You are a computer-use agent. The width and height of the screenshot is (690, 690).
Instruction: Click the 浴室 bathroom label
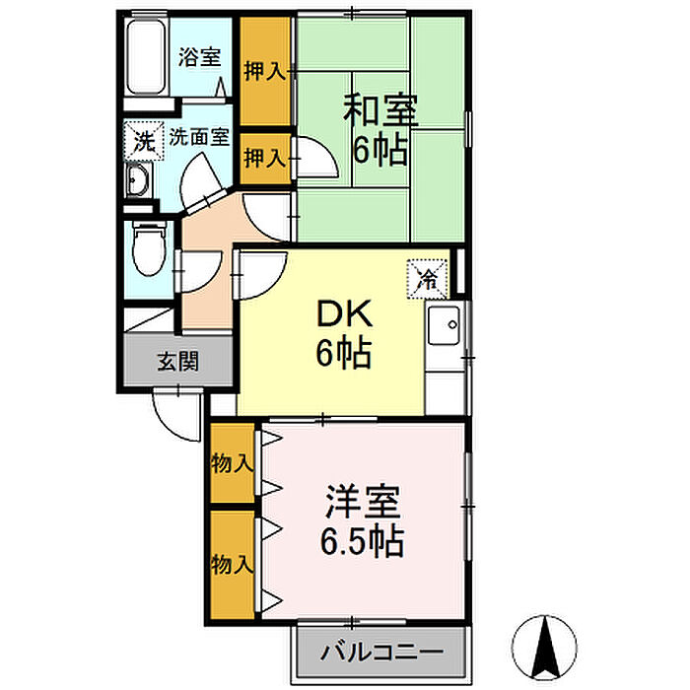point(199,57)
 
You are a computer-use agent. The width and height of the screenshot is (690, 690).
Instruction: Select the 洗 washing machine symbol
point(143,140)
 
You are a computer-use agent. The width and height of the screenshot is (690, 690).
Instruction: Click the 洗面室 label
point(199,137)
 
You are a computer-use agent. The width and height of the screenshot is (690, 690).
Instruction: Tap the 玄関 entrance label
point(177,361)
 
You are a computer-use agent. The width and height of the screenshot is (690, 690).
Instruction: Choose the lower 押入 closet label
point(264,157)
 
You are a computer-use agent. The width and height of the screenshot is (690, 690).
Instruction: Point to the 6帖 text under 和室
point(380,150)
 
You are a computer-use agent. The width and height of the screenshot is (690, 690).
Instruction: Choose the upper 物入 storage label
point(233,462)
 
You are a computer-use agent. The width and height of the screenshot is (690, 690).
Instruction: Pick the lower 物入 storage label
point(233,566)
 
